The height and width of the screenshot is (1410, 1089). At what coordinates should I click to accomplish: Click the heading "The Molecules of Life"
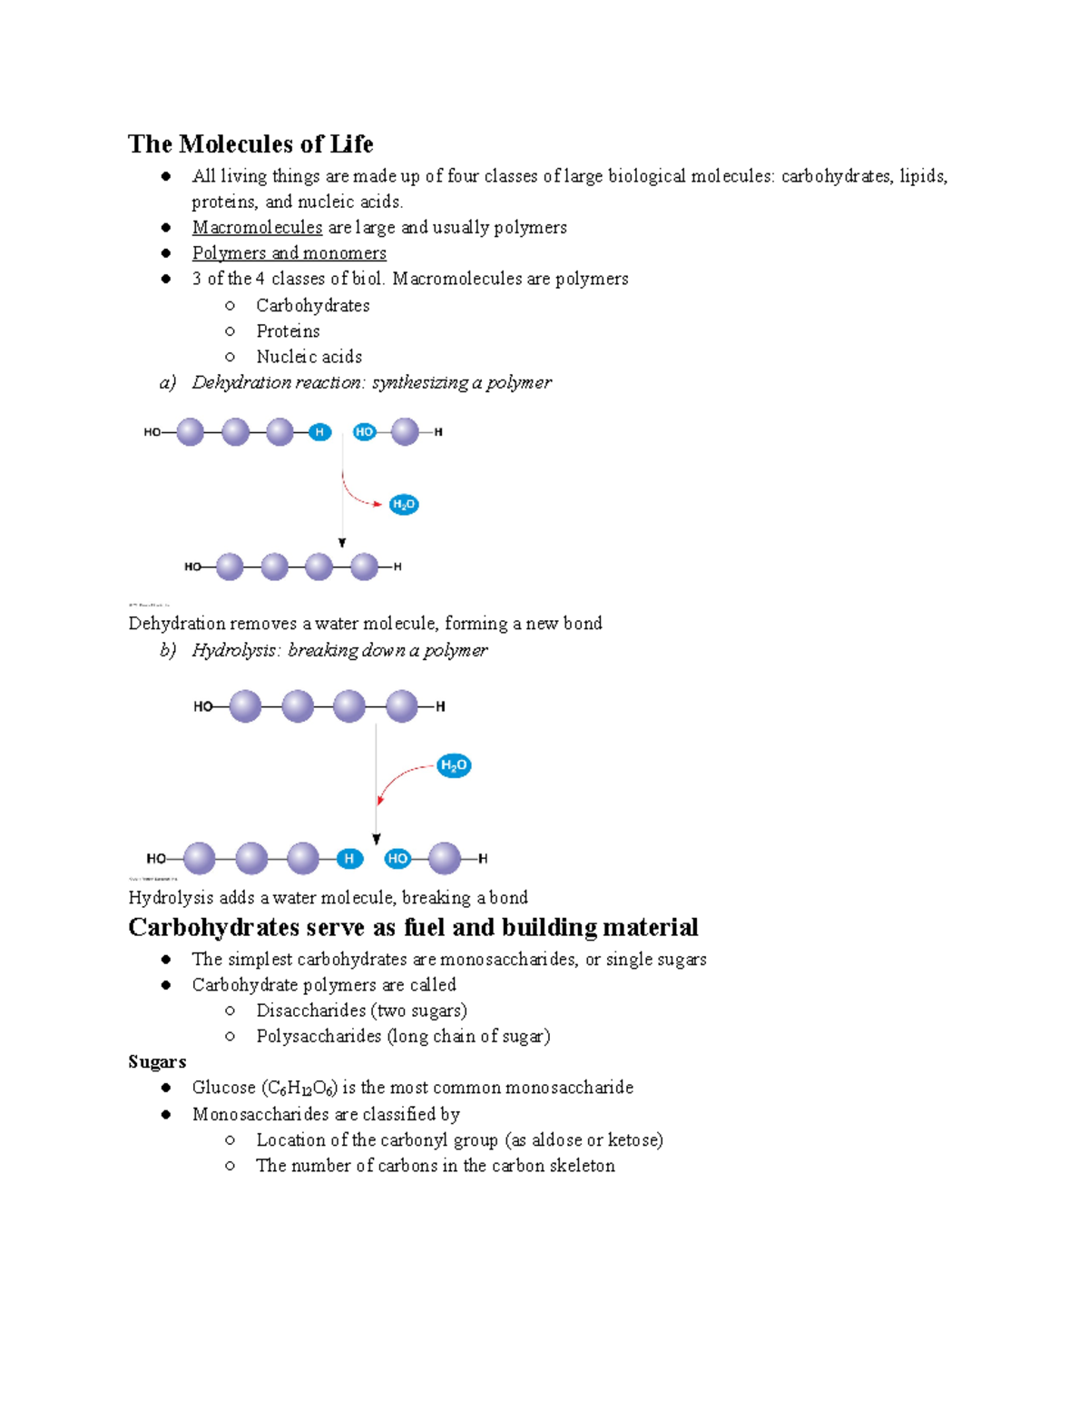[x=250, y=144]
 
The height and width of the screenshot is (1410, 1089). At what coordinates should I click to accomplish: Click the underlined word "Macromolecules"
[x=257, y=227]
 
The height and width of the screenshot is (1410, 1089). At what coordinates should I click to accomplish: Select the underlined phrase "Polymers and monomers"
[x=289, y=253]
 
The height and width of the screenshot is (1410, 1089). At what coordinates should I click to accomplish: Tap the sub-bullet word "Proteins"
[x=288, y=331]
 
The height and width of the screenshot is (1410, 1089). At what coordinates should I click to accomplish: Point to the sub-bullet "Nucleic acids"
[x=309, y=357]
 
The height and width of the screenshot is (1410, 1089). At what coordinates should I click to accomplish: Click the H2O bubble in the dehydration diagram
[x=404, y=505]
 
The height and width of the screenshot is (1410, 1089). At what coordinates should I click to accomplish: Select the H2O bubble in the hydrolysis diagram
[x=454, y=765]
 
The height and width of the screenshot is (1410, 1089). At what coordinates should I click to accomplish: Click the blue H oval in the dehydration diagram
[x=319, y=432]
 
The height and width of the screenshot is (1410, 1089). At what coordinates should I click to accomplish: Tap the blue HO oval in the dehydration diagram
[x=364, y=432]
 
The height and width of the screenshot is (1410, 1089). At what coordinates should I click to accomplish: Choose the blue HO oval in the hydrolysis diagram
[x=397, y=858]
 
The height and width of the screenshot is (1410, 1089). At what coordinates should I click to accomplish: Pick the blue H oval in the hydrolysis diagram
[x=349, y=858]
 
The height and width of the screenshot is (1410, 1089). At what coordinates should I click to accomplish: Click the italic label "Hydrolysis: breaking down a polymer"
[x=339, y=650]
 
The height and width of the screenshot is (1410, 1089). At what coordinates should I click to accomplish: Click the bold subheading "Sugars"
[x=157, y=1061]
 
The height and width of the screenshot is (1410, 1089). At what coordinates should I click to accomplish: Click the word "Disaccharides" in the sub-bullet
[x=310, y=1011]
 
